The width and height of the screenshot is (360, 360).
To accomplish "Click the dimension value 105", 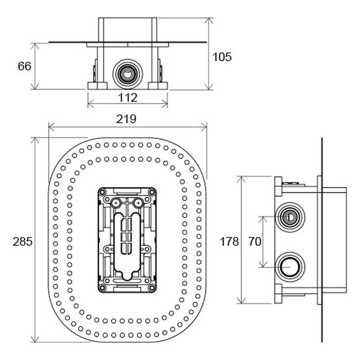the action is pos(222,57).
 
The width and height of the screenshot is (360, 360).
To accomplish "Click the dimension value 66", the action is pos(25,66).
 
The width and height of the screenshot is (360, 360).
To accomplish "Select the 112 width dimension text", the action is pos(128,98).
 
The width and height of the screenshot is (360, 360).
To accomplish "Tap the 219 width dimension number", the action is pos(126,119).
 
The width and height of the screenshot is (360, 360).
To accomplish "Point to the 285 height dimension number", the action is pos(23,242).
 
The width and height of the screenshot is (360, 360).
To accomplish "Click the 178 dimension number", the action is pos(229,242).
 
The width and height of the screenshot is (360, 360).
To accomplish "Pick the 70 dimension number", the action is pos(255,242).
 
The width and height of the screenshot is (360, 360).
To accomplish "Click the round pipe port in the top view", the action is pos(128,74).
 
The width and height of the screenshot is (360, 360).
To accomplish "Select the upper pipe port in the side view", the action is pos(290,217).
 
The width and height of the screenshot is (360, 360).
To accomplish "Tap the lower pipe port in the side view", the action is pos(290,267).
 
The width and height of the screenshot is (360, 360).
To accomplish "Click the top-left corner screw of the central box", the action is pos(103,192).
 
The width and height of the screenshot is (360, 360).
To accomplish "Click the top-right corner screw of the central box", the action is pos(152,192).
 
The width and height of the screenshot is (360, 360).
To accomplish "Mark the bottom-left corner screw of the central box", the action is pos(103,287).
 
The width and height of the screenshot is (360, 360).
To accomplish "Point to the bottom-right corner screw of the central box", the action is pos(152,287).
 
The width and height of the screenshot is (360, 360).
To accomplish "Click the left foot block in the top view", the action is pos(97,86).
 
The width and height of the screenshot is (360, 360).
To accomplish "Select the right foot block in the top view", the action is pos(158,86).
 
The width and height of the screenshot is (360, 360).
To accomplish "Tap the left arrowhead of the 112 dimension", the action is pos(91,103).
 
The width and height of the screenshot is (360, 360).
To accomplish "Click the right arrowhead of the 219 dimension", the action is pos(204,127).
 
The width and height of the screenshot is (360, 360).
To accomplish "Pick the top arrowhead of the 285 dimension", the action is pos(35,140).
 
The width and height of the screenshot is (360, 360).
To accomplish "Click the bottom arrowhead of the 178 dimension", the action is pos(241,300).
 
